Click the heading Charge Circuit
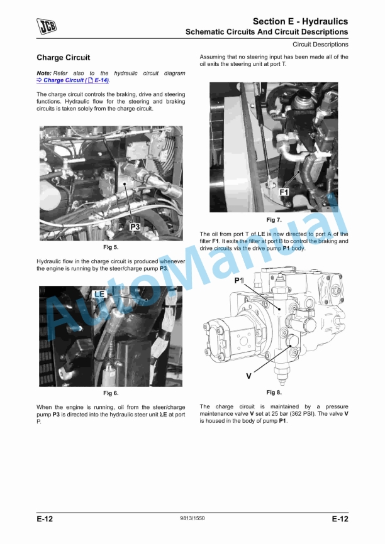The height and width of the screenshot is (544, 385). coord(63,58)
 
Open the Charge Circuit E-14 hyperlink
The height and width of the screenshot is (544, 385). coord(76,80)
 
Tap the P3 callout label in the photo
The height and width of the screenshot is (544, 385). coord(135,227)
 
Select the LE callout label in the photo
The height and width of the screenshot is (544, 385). coord(99,294)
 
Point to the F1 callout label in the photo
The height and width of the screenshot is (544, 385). coord(284,192)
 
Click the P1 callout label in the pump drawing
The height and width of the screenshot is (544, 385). coord(239,280)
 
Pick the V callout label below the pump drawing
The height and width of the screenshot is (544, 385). coord(248,376)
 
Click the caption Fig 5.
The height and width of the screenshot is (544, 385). coord(111,247)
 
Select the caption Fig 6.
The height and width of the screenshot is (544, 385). coord(111,393)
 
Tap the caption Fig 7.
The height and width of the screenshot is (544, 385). coord(274,220)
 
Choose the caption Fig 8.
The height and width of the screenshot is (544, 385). coord(274,393)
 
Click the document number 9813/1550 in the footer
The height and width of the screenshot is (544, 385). coord(192,519)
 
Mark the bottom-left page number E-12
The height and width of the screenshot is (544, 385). coord(45,519)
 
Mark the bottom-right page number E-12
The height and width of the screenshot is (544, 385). coord(340,519)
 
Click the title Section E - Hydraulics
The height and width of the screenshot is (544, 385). coord(300,21)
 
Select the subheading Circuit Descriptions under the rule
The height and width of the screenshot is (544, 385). coord(320,45)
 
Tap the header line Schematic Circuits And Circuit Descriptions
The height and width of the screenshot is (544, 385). coord(266,31)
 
